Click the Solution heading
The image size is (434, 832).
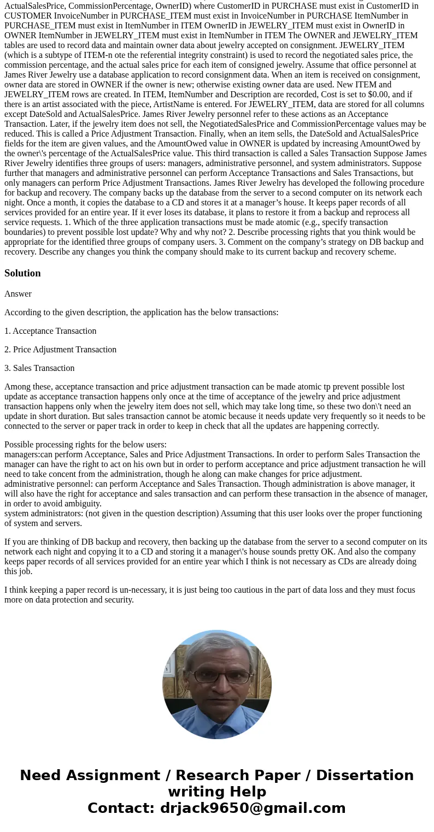click(x=22, y=273)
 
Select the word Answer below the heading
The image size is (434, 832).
click(x=18, y=294)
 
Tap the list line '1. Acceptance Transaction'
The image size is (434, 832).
click(x=50, y=331)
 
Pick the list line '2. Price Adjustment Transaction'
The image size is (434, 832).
click(x=60, y=350)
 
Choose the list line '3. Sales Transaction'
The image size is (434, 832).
click(x=39, y=368)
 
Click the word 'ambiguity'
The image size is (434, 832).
click(x=83, y=504)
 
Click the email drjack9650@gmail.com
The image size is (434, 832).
click(x=253, y=809)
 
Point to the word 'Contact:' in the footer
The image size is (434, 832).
click(x=121, y=809)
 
